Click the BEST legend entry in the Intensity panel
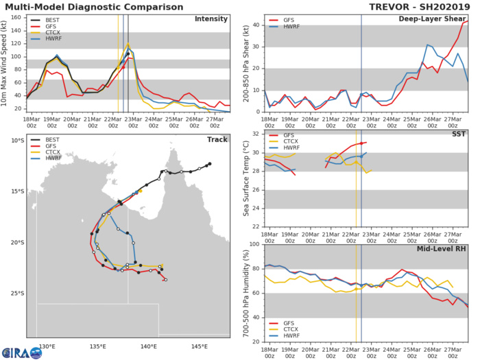tap(48, 21)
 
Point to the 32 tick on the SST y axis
tap(256, 134)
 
